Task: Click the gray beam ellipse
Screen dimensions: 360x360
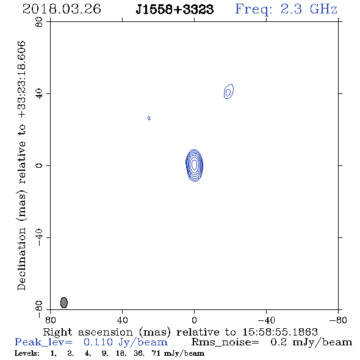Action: [x=64, y=303]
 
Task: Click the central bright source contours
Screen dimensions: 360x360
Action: [x=195, y=165]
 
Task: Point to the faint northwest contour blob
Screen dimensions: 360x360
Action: [x=229, y=92]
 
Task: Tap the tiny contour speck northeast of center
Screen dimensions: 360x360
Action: [x=149, y=118]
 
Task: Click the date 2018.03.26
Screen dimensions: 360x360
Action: [x=62, y=9]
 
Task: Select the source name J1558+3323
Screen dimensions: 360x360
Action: [x=175, y=9]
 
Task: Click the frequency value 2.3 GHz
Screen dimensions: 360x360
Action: [x=309, y=9]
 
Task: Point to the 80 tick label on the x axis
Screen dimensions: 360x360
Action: [x=50, y=320]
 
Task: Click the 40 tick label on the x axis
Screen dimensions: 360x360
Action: [x=122, y=320]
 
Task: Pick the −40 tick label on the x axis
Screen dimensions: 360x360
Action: [x=266, y=320]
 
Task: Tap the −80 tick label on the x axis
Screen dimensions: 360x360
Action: [x=338, y=320]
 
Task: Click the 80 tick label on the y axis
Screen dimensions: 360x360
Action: [x=39, y=22]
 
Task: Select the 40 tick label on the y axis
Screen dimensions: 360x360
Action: [x=39, y=94]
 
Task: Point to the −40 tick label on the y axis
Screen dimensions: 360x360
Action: [x=39, y=237]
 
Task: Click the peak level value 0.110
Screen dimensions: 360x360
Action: [x=98, y=342]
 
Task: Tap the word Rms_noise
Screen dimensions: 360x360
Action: [x=225, y=342]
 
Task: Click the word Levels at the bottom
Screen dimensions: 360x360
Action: [x=27, y=353]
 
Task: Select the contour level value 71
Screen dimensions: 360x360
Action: [x=156, y=353]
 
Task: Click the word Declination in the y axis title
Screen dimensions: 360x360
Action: [x=21, y=259]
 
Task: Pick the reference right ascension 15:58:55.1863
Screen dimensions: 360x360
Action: [x=280, y=332]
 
